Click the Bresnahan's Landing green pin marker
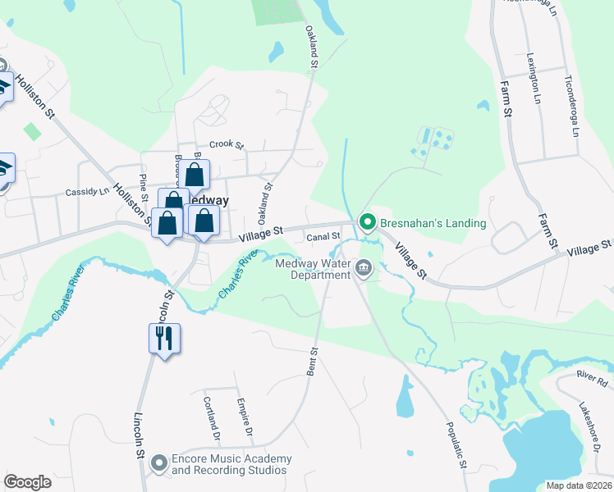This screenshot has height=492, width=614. (x=368, y=221)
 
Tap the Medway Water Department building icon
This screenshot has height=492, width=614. (x=362, y=267)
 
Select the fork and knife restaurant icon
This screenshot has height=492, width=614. (x=162, y=336)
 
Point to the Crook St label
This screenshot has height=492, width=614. (x=227, y=145)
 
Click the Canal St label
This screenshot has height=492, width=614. (x=323, y=238)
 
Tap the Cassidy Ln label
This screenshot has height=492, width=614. (x=86, y=192)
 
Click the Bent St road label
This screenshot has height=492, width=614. (x=313, y=362)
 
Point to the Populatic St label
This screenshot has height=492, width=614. (x=456, y=448)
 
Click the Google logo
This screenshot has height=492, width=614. (x=27, y=481)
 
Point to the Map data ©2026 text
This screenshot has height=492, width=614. (x=579, y=485)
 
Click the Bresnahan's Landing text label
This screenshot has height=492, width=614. (x=433, y=223)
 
